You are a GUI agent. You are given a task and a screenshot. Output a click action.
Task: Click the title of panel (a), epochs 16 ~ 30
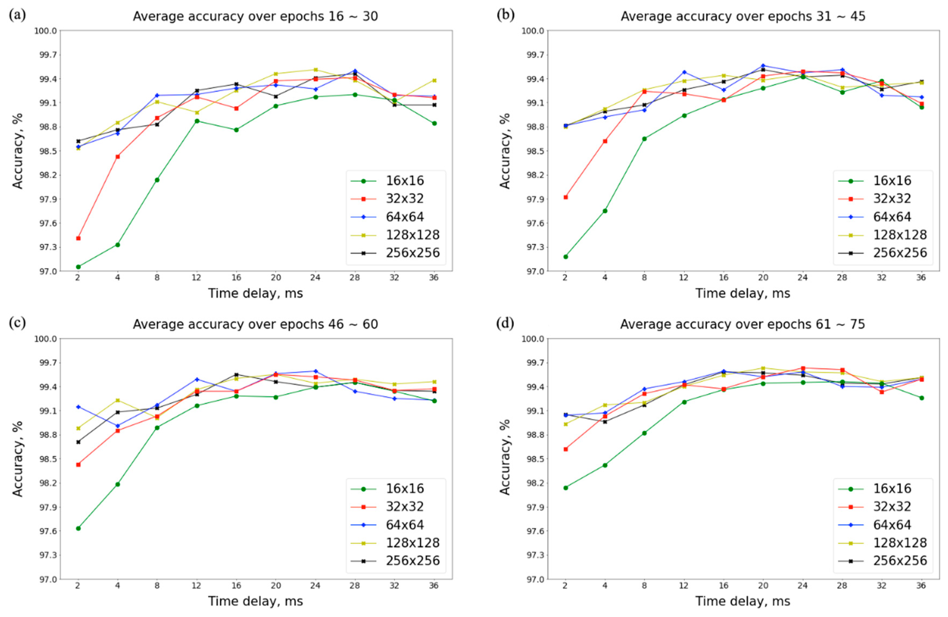tap(255, 16)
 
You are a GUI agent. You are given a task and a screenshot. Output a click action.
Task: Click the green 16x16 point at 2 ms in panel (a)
tap(78, 267)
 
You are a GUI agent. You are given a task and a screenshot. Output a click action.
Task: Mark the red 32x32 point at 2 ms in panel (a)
tap(78, 238)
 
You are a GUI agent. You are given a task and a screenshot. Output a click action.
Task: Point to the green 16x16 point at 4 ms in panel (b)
tap(605, 211)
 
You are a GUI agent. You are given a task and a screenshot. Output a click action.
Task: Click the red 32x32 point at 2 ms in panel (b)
tap(566, 197)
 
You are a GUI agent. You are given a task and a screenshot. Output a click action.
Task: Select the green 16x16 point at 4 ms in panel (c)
tap(118, 484)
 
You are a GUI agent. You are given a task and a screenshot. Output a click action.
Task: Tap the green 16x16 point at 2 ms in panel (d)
tap(566, 488)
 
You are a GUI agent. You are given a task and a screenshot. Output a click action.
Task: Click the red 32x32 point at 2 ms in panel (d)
tap(566, 449)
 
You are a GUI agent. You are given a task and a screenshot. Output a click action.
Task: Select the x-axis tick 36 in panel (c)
tap(434, 586)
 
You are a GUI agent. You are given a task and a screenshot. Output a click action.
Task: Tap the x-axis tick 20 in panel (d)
tap(763, 586)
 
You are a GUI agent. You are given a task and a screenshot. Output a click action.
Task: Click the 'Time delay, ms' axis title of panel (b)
tap(743, 294)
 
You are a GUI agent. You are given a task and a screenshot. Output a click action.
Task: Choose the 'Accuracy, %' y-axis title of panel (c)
tap(18, 459)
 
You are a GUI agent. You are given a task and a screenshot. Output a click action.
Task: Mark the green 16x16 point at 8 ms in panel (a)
tap(157, 180)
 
